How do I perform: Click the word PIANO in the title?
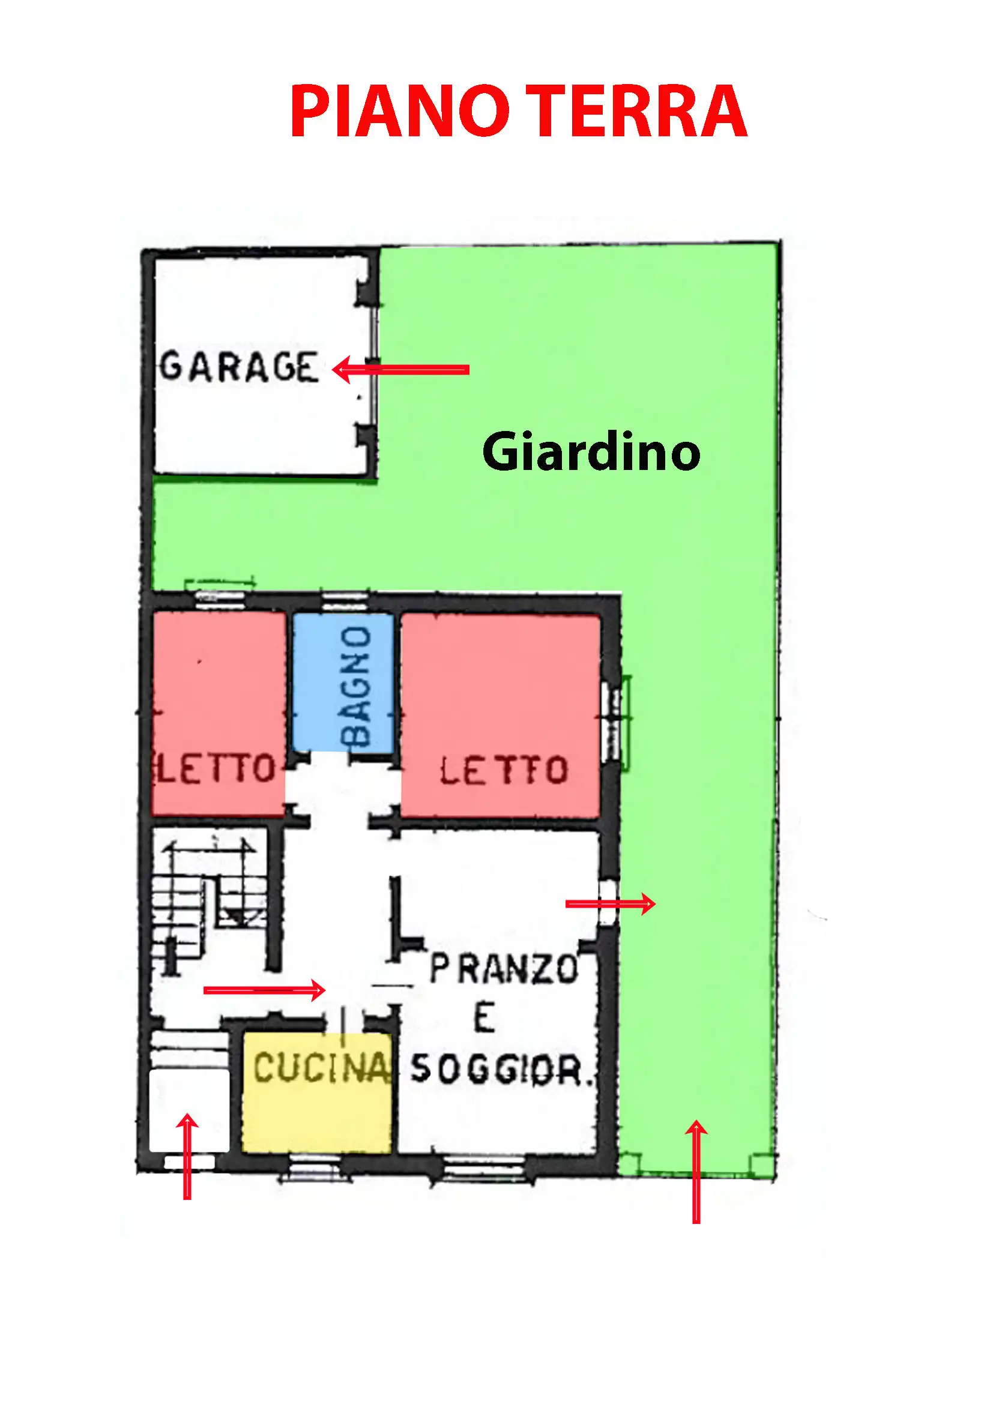(400, 111)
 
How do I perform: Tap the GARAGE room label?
(239, 367)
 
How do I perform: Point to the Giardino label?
(591, 452)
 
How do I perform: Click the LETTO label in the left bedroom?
(217, 769)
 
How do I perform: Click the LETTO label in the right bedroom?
(504, 770)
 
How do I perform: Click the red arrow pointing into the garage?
(400, 369)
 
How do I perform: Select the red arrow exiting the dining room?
(610, 903)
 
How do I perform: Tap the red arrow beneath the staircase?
(264, 990)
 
